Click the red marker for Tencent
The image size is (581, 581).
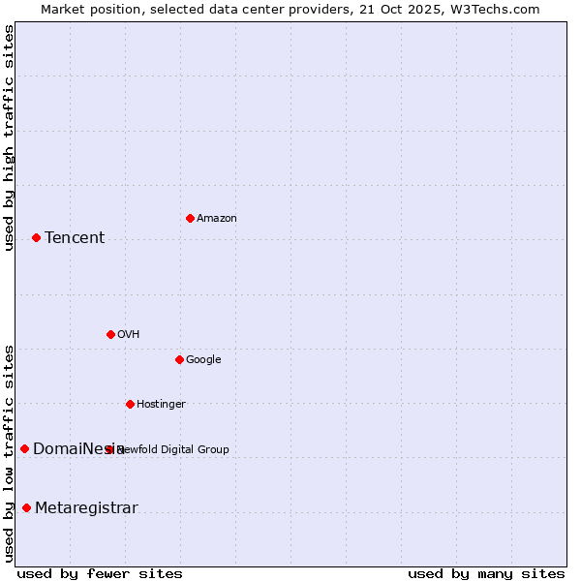click(x=36, y=237)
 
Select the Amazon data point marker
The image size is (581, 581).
click(x=190, y=218)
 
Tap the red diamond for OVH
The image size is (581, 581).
click(x=110, y=334)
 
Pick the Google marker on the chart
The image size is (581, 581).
click(x=179, y=359)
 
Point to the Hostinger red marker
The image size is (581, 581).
click(x=130, y=404)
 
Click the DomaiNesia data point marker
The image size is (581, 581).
click(x=24, y=448)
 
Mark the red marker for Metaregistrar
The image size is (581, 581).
click(x=26, y=507)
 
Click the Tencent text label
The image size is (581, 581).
click(x=75, y=237)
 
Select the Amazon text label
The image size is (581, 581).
click(x=217, y=218)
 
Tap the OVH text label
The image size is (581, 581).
click(x=129, y=334)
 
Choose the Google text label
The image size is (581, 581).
click(x=203, y=359)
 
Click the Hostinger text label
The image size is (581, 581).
click(x=161, y=404)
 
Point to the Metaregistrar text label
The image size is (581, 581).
click(x=86, y=507)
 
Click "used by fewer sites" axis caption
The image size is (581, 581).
click(x=100, y=573)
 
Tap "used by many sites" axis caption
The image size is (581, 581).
click(x=486, y=573)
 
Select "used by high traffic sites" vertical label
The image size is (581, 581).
click(x=9, y=138)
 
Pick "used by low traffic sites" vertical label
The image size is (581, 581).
click(x=9, y=452)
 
